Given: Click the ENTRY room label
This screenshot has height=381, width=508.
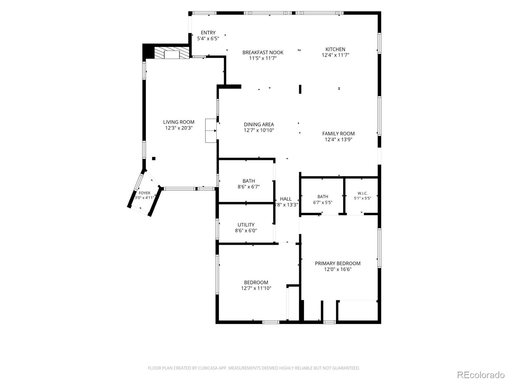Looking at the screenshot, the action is [x=208, y=33].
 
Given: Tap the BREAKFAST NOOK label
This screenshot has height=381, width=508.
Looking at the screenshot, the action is [x=263, y=52].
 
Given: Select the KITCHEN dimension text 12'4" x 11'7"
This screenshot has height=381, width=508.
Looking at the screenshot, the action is [x=335, y=55].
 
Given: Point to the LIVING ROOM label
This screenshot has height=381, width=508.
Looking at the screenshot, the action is [x=179, y=122].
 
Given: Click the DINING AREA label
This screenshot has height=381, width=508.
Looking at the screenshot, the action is [x=259, y=124].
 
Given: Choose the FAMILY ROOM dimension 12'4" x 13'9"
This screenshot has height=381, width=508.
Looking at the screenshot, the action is [x=338, y=139].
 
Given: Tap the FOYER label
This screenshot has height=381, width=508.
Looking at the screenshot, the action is [x=144, y=193].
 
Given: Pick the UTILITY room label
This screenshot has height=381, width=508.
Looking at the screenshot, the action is [x=246, y=225].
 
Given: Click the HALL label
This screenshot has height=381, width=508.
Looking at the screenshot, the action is [x=285, y=199].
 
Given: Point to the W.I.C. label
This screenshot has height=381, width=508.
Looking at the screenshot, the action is [x=363, y=193].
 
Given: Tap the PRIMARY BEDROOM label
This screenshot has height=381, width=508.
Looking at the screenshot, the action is [x=338, y=264].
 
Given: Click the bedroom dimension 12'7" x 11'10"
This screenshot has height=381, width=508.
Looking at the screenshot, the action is [x=256, y=288].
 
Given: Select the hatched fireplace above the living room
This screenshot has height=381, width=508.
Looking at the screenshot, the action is [x=172, y=53].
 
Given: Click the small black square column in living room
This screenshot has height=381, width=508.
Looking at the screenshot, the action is [x=154, y=158].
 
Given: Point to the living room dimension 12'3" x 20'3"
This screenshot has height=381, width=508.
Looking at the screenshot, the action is [x=179, y=128].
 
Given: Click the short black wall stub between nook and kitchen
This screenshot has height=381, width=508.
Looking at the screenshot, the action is [x=300, y=89].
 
